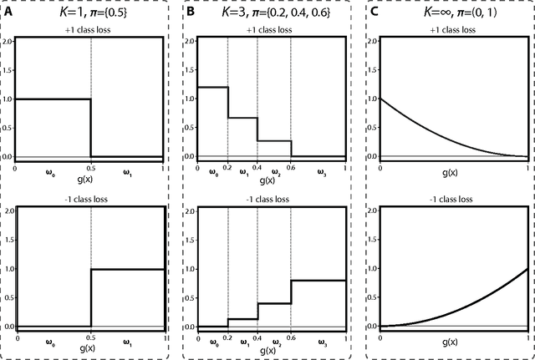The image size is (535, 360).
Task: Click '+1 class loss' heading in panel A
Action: point(91,29)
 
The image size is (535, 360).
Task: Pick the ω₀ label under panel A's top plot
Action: point(49,173)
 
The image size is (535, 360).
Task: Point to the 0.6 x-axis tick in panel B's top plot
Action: point(291,165)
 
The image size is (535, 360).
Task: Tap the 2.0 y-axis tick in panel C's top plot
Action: point(374,40)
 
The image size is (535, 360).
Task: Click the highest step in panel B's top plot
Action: point(211,87)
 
